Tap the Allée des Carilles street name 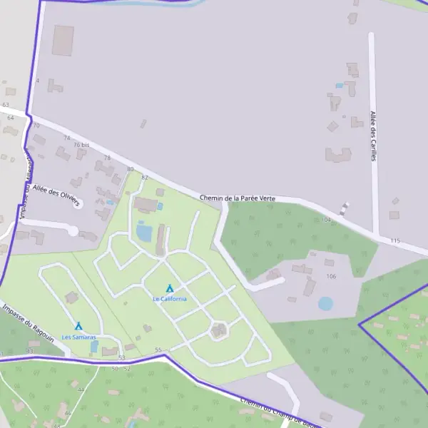click(x=372, y=136)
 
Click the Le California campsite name click(x=170, y=299)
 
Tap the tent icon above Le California click(x=170, y=289)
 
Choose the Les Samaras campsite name click(x=78, y=337)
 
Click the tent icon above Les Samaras click(x=78, y=326)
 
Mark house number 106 click(x=330, y=276)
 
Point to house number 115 click(x=395, y=241)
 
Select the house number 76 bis click(x=81, y=145)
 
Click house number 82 click(x=145, y=178)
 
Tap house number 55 click(x=158, y=350)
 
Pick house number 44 click(x=81, y=390)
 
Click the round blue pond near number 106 click(x=325, y=303)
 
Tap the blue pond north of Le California click(x=144, y=232)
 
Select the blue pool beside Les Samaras click(x=94, y=346)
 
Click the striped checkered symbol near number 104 click(x=346, y=209)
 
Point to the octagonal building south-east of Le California click(x=219, y=330)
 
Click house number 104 click(x=327, y=220)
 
